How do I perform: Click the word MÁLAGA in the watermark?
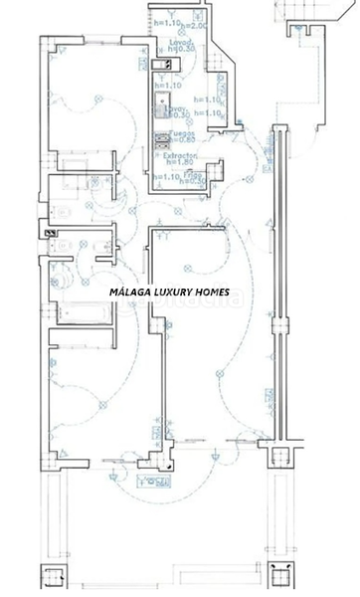tap(130, 293)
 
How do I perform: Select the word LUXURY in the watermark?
tap(172, 293)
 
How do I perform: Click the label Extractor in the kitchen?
tap(182, 157)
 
